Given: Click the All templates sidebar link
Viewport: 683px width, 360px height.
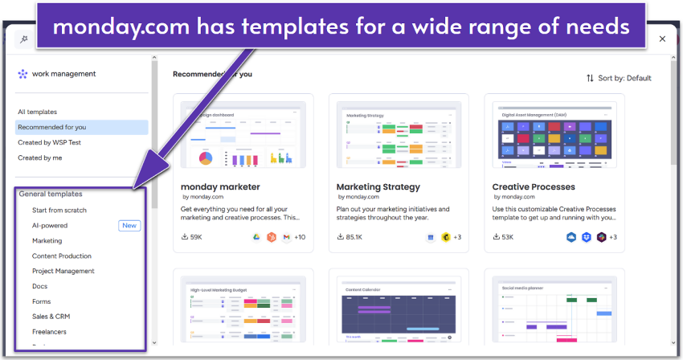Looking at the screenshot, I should pos(38,112).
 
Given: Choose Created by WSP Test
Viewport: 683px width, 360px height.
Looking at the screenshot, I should pos(49,142).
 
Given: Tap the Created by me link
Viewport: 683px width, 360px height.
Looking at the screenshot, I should pos(40,157).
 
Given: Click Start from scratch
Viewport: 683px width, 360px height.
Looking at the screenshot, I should pos(59,210).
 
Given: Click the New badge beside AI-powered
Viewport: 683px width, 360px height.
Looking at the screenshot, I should pos(129,226).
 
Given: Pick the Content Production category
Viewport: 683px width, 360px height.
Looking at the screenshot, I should pos(62,256).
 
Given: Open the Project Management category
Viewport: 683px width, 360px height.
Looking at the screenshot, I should pos(63,271).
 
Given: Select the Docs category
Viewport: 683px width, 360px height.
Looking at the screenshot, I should pos(40,286).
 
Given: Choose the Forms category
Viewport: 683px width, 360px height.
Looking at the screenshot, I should pos(42,301).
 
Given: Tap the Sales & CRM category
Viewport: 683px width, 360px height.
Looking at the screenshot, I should pos(51,317).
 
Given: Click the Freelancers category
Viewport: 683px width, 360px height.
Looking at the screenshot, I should pos(49,331).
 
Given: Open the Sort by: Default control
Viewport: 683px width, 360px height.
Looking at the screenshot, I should pos(619,78).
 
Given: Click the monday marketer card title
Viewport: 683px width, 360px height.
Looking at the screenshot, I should pos(220,186).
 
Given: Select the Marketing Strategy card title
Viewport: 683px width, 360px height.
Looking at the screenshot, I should pos(378,186).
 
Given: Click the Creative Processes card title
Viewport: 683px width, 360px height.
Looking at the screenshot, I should pos(534,186).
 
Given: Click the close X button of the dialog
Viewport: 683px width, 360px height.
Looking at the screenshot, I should pos(662,39).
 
